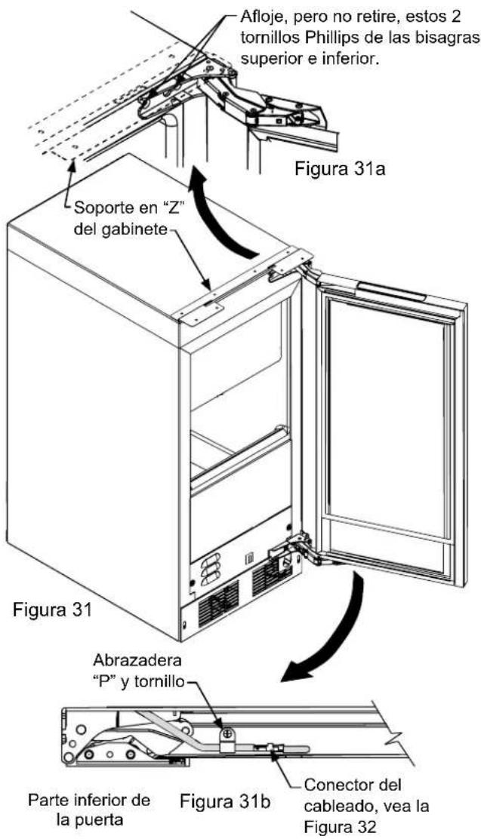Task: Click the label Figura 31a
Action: [x=340, y=171]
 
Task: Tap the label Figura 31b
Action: [x=226, y=803]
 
